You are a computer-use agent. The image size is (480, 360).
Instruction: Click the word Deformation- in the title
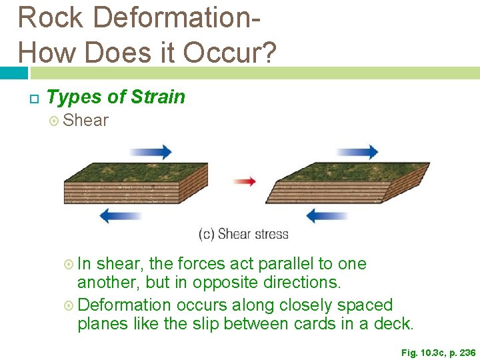coord(171,17)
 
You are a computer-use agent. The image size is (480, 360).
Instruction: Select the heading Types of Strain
coord(116,97)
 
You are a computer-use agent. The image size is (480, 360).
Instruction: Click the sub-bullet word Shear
coord(85,121)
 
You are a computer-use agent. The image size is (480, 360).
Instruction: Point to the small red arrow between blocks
coord(244,181)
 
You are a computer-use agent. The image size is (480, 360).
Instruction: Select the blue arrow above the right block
coord(357,153)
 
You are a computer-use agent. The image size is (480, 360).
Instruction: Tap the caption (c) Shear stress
coord(244,234)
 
